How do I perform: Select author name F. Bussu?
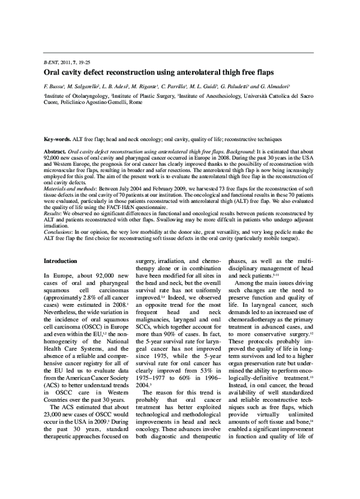tap(56, 86)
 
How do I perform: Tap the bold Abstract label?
tap(55, 153)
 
